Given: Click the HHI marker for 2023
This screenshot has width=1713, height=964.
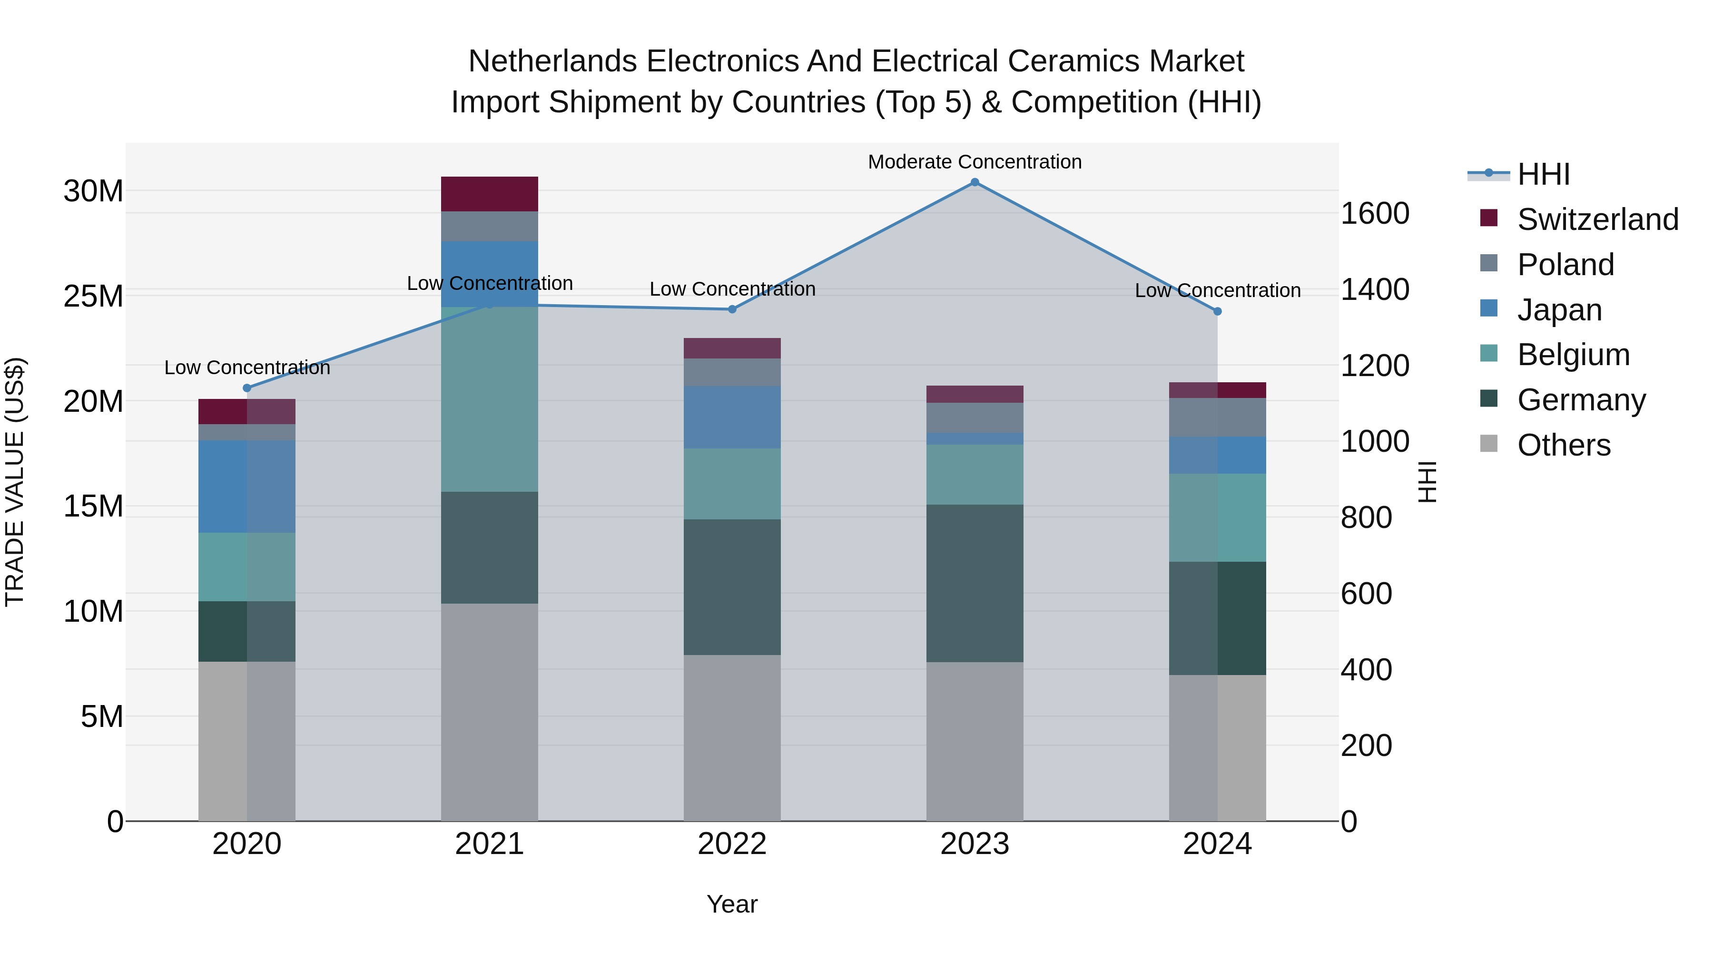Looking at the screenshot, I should click(x=974, y=182).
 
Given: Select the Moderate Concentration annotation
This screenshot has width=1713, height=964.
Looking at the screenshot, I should click(x=974, y=162).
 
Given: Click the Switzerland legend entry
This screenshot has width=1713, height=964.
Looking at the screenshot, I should click(x=1597, y=219).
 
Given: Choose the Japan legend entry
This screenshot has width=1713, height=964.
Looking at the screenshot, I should click(x=1559, y=309).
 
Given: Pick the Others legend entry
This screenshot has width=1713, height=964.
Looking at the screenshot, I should click(x=1564, y=445).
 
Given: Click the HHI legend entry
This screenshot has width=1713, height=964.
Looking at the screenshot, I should click(x=1543, y=174).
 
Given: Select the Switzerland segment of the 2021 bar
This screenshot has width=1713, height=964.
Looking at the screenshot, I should click(x=490, y=194).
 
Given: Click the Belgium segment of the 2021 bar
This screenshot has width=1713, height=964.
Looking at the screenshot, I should click(x=490, y=399).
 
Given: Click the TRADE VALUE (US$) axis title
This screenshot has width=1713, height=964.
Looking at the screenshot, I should click(x=15, y=482).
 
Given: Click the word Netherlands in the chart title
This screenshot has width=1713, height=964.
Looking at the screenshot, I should click(x=555, y=61).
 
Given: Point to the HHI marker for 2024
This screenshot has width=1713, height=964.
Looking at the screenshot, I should click(x=1217, y=311).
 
